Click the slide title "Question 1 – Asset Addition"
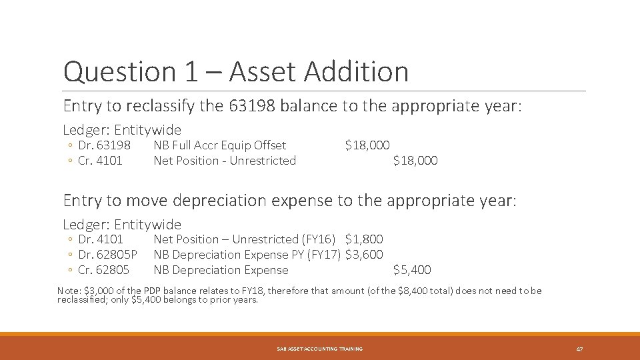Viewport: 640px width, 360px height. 235,71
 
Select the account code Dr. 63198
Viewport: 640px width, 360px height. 104,145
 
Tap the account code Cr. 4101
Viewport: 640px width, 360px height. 100,161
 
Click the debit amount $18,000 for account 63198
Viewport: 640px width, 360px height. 367,145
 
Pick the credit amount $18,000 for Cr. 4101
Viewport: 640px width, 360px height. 415,161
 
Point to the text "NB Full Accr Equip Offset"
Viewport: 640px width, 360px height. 220,145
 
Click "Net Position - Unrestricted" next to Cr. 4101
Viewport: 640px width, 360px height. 225,161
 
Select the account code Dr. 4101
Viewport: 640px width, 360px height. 101,239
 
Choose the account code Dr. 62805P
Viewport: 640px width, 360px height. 107,255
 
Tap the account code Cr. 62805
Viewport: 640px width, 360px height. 103,270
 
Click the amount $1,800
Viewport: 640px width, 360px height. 364,239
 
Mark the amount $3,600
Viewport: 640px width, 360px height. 364,255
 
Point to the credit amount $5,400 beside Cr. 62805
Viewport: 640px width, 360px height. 412,270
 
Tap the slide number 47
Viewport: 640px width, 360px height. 579,349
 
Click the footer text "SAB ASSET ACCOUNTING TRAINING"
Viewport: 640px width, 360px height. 320,349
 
